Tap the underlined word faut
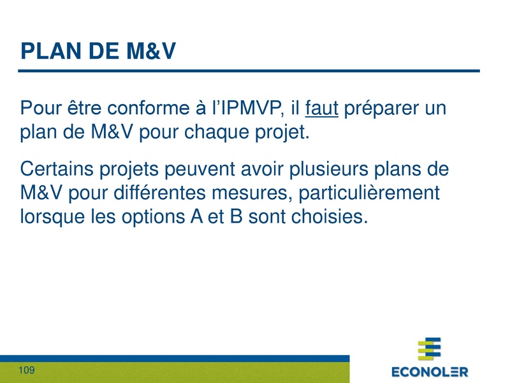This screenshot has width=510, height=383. [x=321, y=109]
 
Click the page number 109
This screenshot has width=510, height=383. [x=27, y=371]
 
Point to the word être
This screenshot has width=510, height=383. [x=78, y=109]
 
